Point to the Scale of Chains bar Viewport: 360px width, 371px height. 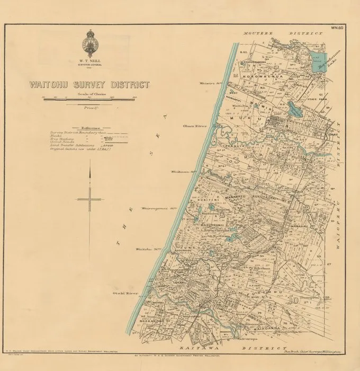click(x=90, y=100)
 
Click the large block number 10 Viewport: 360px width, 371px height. click(x=322, y=302)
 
